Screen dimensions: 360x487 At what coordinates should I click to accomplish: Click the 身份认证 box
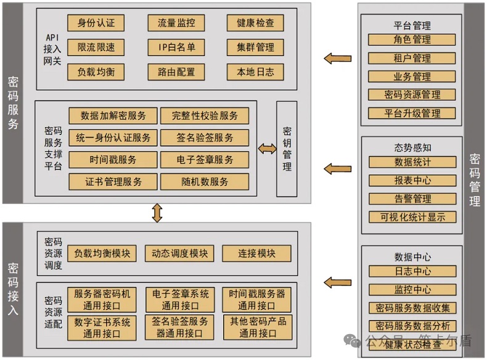pos(96,23)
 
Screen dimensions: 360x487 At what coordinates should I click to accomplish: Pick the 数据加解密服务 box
pos(113,115)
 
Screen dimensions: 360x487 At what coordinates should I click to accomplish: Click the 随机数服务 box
pos(205,182)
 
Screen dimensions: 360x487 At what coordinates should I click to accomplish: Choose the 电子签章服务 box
pos(205,160)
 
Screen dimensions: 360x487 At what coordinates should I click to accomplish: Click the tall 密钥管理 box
pos(287,149)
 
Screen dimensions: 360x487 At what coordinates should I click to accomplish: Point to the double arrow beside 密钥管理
pos(267,149)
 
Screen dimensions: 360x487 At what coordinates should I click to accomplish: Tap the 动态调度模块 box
pos(176,253)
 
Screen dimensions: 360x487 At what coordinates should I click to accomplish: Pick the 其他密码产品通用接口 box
pos(258,327)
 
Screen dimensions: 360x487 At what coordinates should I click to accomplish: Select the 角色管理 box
pos(412,39)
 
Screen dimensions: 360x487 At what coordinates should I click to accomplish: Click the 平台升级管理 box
pos(412,113)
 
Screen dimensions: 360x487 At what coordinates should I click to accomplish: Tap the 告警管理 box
pos(412,198)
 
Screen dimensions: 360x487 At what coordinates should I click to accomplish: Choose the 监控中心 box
pos(412,289)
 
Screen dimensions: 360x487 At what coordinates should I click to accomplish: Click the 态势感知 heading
pos(412,148)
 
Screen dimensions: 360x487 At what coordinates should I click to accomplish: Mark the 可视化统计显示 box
pos(412,217)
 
